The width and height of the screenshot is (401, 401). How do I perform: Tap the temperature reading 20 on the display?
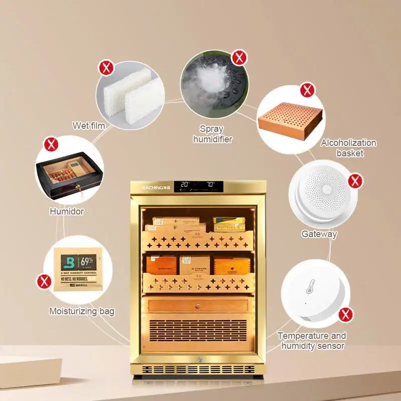184,184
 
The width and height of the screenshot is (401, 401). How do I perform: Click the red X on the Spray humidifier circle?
239,57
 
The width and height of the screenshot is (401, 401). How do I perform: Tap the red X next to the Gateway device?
355,181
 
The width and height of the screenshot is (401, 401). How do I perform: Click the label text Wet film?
89,125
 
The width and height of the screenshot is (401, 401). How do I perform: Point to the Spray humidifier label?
213,134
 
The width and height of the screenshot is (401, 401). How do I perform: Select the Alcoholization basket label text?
349,148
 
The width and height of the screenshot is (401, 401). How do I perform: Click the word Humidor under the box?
66,211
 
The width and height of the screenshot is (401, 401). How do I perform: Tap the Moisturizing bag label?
81,311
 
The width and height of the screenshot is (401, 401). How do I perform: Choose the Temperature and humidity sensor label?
311,340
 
